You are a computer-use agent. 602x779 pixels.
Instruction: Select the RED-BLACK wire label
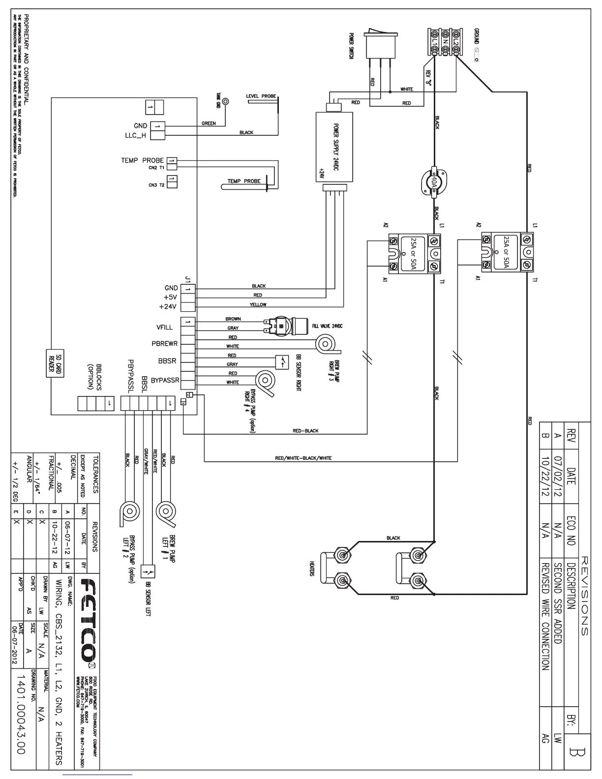click(x=305, y=431)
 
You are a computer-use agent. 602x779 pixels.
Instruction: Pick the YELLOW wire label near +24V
click(x=258, y=305)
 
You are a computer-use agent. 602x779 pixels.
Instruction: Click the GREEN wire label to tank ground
click(x=209, y=123)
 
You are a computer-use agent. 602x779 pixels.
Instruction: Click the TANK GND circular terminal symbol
click(x=225, y=102)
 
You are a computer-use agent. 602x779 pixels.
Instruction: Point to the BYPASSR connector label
click(x=165, y=380)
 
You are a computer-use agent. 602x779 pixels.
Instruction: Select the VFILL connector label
click(x=165, y=328)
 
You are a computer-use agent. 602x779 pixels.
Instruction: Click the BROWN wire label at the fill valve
click(x=233, y=319)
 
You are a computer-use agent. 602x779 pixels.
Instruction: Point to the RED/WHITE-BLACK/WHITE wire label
click(x=303, y=458)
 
